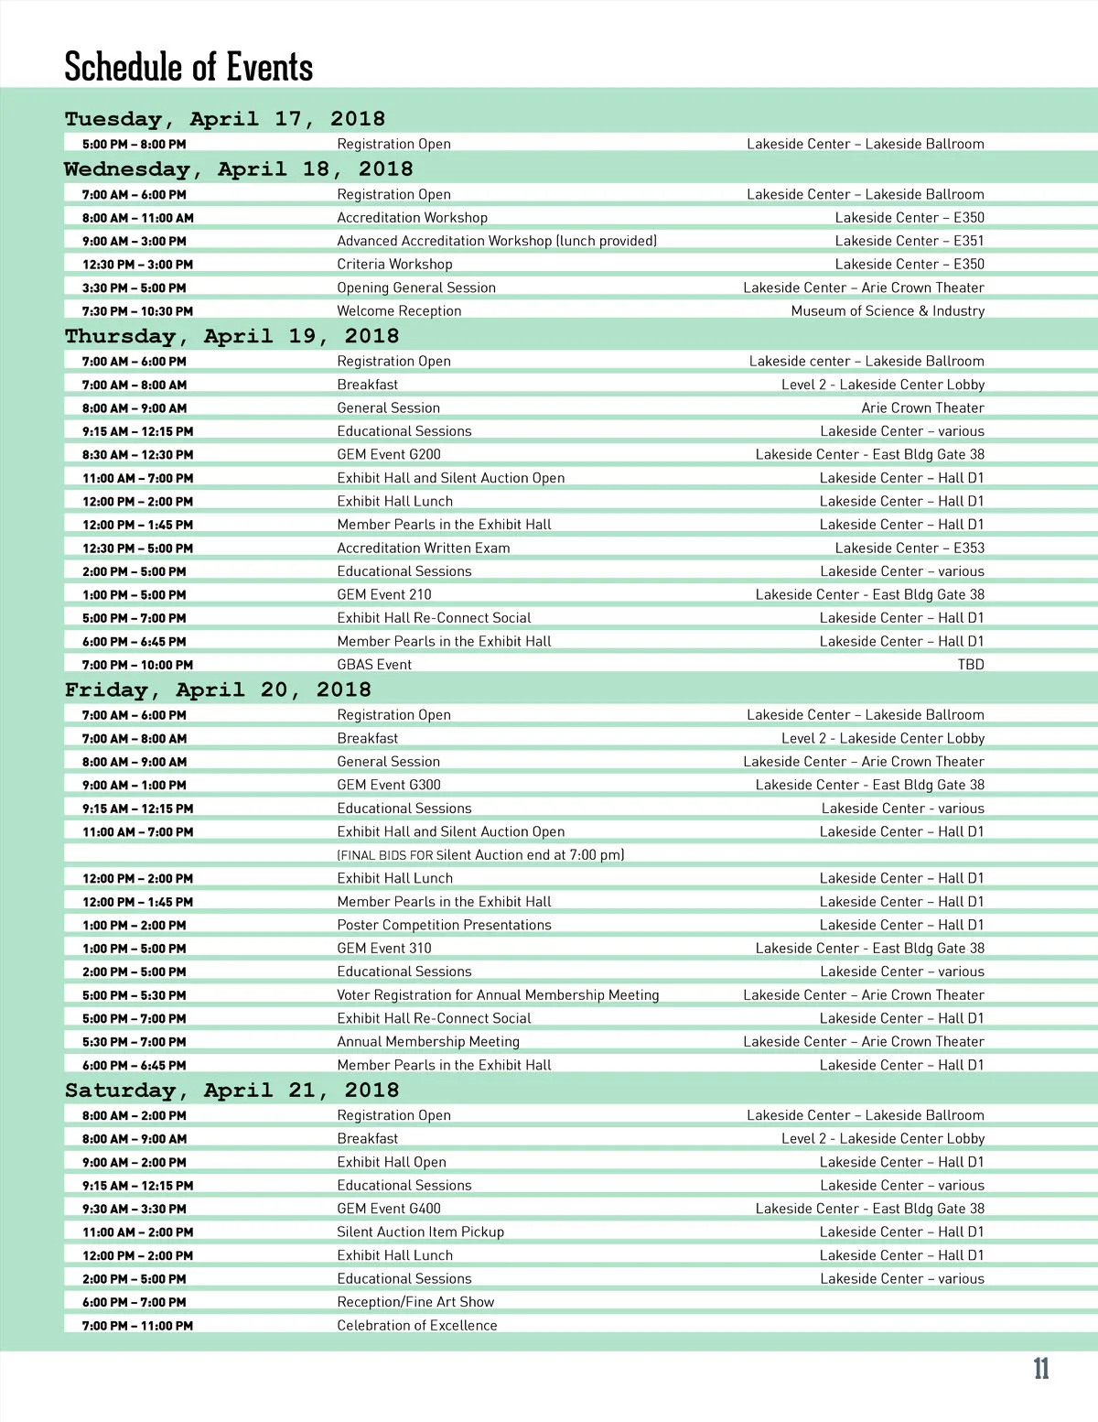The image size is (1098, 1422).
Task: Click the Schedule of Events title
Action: [188, 67]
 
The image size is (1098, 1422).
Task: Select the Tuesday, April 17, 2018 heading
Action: [225, 119]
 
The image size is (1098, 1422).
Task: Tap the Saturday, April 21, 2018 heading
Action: [231, 1091]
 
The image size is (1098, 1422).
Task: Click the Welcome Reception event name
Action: [399, 310]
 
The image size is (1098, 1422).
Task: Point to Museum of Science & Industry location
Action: [888, 310]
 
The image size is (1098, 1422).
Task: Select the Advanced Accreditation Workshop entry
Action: [497, 241]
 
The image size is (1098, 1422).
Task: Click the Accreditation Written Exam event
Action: [424, 548]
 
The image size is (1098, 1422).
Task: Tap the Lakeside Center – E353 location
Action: [910, 548]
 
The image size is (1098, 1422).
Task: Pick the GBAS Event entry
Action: [374, 665]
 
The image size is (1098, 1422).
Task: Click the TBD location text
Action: [971, 665]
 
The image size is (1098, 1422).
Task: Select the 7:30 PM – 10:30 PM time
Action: [137, 311]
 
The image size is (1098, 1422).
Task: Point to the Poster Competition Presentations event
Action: [444, 925]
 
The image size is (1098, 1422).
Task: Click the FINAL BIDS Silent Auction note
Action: [480, 854]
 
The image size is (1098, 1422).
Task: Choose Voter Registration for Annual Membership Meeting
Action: [498, 994]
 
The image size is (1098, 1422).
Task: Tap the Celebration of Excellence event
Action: [417, 1325]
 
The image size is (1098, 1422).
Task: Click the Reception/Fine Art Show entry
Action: [415, 1302]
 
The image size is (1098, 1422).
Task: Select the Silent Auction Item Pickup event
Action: [420, 1232]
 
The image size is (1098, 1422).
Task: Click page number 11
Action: [1041, 1370]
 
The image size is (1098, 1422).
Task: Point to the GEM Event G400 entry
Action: [389, 1209]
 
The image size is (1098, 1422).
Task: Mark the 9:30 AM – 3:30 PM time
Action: [134, 1209]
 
